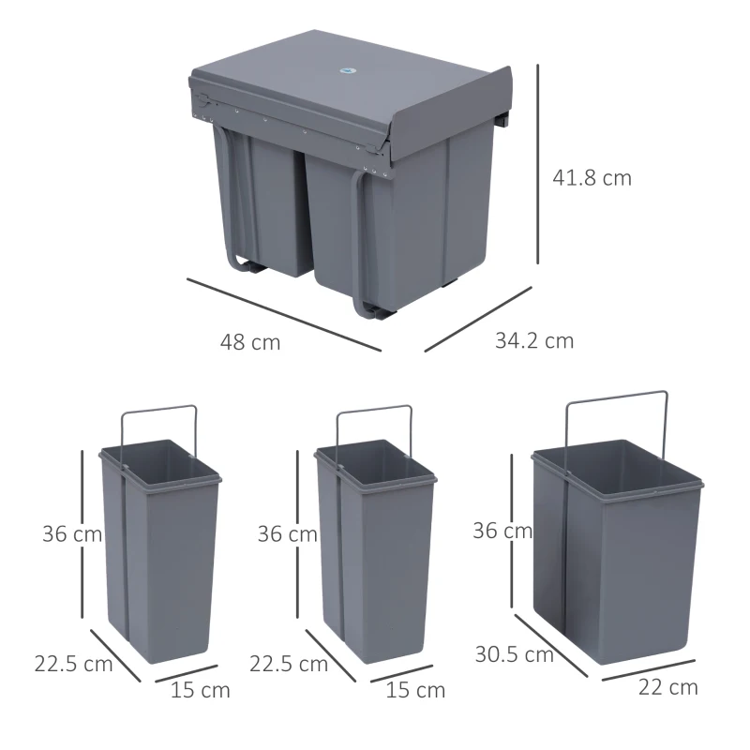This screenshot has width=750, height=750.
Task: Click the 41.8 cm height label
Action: pyautogui.click(x=590, y=178)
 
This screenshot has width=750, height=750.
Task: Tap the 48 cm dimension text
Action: pyautogui.click(x=250, y=342)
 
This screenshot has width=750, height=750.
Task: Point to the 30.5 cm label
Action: pyautogui.click(x=514, y=655)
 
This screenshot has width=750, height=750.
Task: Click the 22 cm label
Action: pyautogui.click(x=667, y=687)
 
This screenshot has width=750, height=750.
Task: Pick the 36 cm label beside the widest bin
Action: pyautogui.click(x=502, y=531)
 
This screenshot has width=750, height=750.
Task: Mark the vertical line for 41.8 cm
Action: pyautogui.click(x=538, y=164)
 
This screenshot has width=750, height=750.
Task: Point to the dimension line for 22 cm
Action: pyautogui.click(x=652, y=669)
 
